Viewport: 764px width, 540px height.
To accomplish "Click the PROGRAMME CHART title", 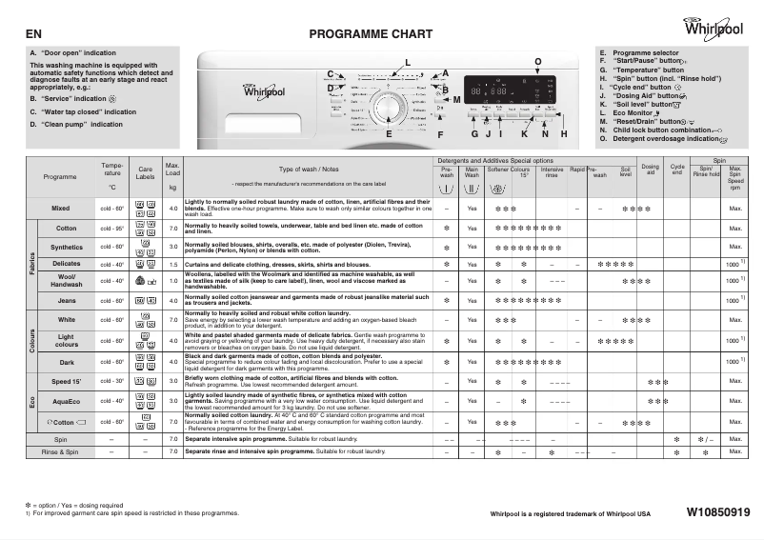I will [364, 34].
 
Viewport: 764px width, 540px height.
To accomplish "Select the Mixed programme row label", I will [61, 208].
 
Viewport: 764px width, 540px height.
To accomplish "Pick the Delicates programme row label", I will [67, 263].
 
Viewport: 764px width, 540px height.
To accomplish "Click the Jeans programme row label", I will [67, 300].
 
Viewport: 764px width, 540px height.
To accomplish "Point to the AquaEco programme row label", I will [67, 401].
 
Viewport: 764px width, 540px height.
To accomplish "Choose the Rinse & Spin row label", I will [60, 452].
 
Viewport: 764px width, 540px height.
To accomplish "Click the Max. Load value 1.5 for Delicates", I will [172, 263].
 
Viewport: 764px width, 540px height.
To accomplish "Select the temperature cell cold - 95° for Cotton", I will [112, 229].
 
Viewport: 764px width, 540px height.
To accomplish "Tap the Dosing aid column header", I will [650, 170].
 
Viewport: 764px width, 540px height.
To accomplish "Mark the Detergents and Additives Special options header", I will [495, 160].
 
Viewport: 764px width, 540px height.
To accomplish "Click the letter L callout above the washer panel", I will [408, 63].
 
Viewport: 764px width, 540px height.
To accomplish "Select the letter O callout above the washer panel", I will [538, 62].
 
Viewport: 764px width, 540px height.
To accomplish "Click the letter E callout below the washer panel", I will [389, 134].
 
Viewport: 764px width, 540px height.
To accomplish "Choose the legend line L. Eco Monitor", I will [633, 113].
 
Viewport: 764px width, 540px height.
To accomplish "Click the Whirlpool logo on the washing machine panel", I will [264, 92].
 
